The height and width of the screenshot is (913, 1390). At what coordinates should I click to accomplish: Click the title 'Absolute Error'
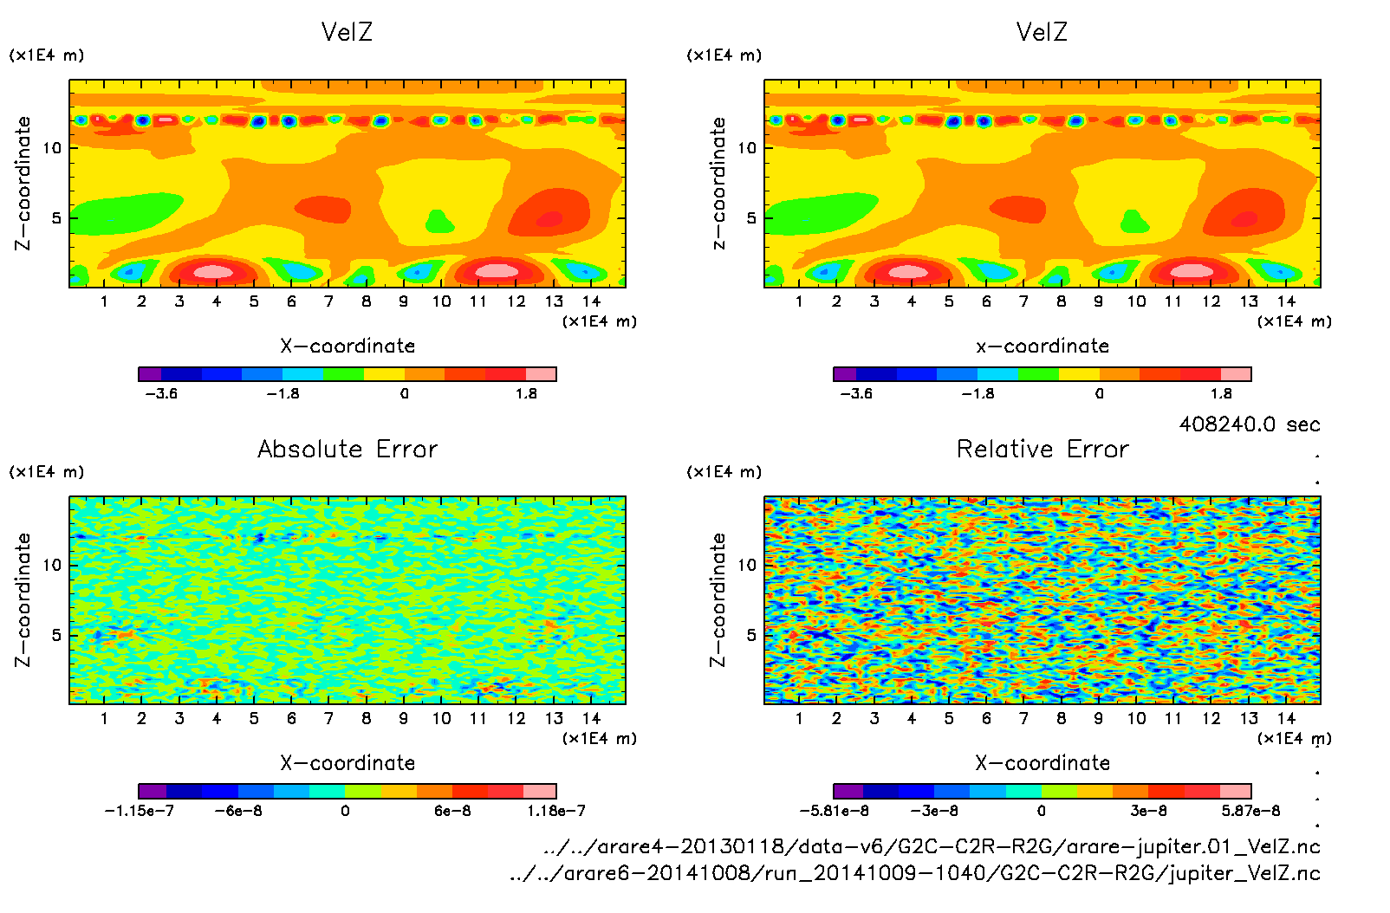[347, 449]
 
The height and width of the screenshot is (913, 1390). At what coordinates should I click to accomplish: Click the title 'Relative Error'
[1042, 449]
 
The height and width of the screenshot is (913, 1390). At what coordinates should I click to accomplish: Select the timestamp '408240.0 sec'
[1249, 424]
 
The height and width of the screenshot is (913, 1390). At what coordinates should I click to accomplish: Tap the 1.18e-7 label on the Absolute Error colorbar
[555, 811]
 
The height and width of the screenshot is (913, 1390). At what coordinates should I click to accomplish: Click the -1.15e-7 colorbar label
[139, 811]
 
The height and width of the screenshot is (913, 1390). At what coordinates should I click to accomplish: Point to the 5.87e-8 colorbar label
[1250, 811]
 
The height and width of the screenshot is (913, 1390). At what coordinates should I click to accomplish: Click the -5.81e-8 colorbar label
[834, 811]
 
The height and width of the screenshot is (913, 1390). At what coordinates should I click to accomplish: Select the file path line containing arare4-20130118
[932, 846]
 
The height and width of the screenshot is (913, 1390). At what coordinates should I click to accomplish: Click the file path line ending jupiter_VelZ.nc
[914, 873]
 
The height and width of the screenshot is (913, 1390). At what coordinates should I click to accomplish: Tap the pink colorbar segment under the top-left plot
[541, 374]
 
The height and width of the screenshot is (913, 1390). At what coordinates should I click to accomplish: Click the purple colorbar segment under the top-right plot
[844, 374]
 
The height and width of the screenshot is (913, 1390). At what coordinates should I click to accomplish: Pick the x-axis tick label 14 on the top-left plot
[591, 301]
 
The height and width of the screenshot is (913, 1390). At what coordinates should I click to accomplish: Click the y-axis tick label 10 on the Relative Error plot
[746, 565]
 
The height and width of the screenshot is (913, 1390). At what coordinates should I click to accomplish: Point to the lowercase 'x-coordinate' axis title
[1042, 346]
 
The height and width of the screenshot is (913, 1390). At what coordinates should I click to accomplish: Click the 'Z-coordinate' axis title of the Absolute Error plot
[23, 599]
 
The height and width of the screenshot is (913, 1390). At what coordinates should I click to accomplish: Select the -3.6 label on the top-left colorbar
[161, 393]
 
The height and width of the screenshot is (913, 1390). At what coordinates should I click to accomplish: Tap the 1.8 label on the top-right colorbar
[1220, 393]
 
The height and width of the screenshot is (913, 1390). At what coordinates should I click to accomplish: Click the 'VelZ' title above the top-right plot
[1042, 32]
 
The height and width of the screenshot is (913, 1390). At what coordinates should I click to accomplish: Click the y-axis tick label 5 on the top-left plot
[56, 217]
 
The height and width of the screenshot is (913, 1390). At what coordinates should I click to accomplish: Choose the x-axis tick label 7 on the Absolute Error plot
[328, 718]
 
